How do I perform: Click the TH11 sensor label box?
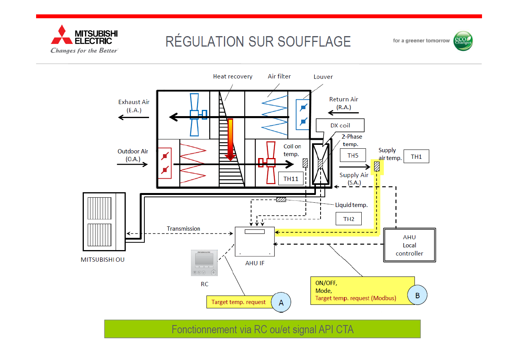coord(291,179)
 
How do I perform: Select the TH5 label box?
coord(353,155)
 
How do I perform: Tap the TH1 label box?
coord(416,157)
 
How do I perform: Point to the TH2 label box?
coord(349,219)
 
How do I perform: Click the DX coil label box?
coord(340,125)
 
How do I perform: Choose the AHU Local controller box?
coord(409,245)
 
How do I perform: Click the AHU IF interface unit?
coord(255,242)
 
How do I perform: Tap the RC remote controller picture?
coord(204,263)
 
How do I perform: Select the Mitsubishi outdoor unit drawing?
coord(104,222)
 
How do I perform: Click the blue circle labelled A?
coord(281,303)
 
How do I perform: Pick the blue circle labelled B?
coord(417,295)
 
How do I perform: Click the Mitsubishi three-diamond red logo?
coord(62,35)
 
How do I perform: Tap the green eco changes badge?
coord(463,41)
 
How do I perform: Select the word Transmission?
coord(184,229)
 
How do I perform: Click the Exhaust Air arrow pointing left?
coord(134,117)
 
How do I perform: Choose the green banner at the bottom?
coord(262,329)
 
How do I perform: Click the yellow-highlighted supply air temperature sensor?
coord(376,167)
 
